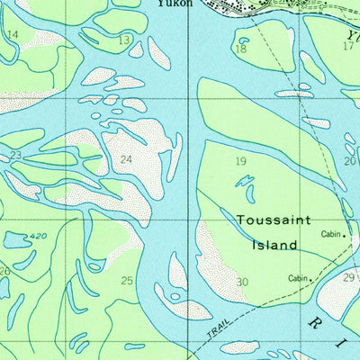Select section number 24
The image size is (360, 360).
(x=127, y=160)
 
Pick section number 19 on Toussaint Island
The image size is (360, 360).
(x=240, y=161)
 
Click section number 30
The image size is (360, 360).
(x=242, y=283)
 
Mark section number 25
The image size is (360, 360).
(x=127, y=281)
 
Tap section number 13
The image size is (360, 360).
(x=123, y=40)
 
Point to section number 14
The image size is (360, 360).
(x=12, y=34)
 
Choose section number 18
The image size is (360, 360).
(x=240, y=49)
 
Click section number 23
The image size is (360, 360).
(x=15, y=155)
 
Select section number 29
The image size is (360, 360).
(x=348, y=277)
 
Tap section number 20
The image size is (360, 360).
(x=349, y=161)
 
